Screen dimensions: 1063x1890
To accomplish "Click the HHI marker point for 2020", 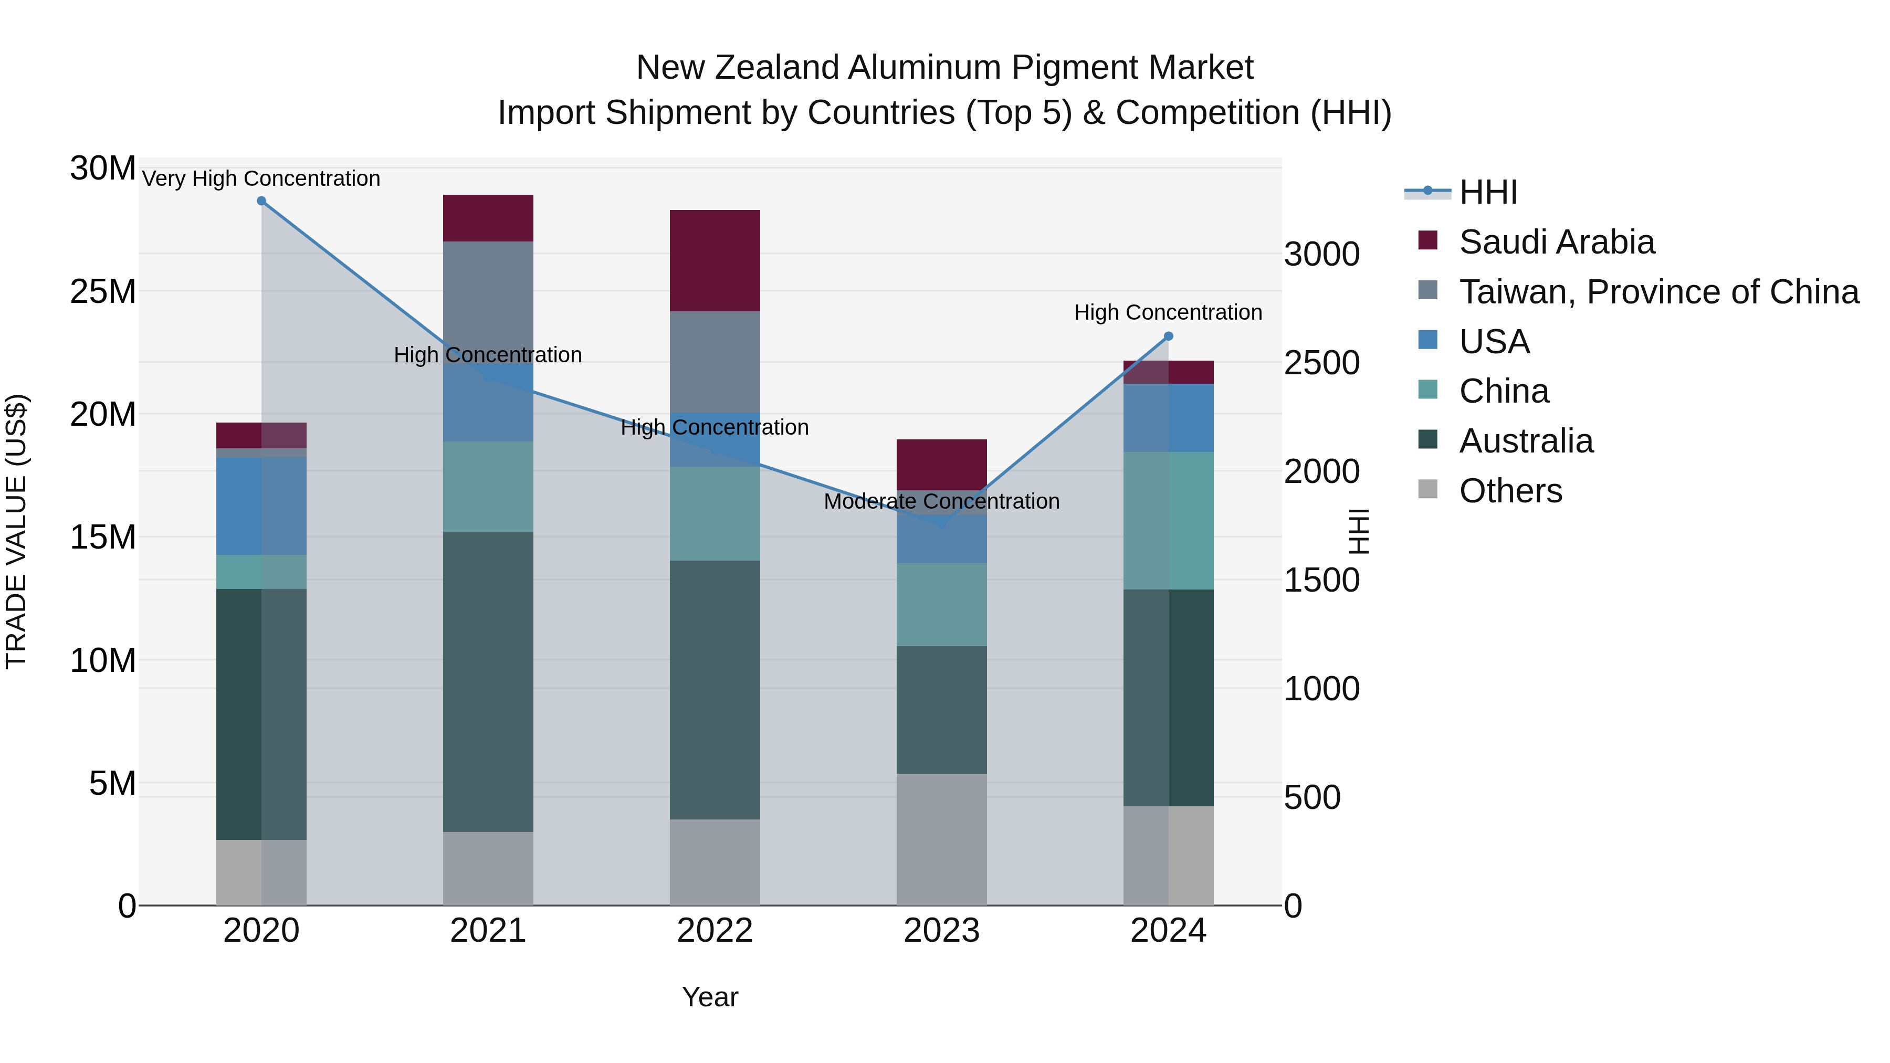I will (x=261, y=201).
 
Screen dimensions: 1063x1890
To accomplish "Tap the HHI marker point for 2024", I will (x=1168, y=336).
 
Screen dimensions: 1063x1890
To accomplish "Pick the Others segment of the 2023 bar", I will (x=941, y=839).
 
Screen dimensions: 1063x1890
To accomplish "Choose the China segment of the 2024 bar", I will (x=1168, y=520).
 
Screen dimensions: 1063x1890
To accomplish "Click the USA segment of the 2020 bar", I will (x=261, y=506).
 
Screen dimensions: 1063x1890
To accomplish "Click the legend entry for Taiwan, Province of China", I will (x=1658, y=292).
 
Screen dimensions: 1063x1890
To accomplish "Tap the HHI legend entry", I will (x=1487, y=192).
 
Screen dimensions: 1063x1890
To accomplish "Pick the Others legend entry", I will (x=1510, y=491).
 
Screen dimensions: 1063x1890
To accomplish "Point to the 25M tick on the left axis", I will (x=103, y=292).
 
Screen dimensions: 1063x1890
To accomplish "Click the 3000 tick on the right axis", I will (x=1321, y=255).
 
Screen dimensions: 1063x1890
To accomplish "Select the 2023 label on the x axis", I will (x=941, y=931).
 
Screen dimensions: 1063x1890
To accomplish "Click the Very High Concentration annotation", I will (x=261, y=178).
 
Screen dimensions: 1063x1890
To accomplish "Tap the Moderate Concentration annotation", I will (x=941, y=501).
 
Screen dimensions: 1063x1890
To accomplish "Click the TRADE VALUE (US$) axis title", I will (x=17, y=531).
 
